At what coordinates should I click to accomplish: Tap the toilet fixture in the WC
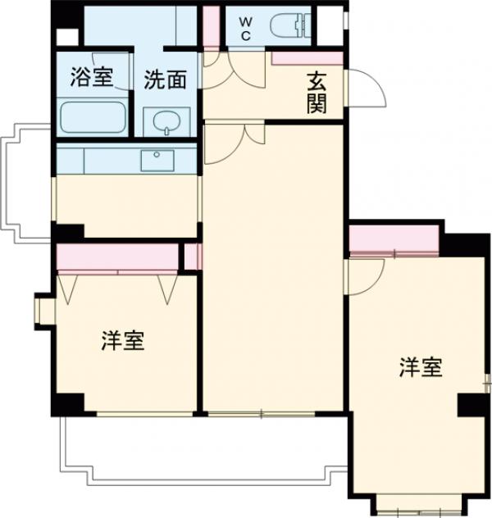coord(291,27)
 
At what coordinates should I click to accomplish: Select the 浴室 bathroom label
coord(90,80)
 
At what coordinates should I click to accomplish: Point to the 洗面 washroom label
coord(166,80)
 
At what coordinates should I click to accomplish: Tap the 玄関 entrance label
coord(318,93)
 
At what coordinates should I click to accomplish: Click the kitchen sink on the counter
coord(156,160)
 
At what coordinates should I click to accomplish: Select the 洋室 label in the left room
coord(123,341)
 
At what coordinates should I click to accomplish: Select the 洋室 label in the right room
coord(421,368)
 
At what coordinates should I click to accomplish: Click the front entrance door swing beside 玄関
coord(365,89)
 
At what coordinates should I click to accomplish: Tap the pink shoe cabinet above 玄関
coord(307,58)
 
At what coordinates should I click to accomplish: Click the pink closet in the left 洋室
coord(118,258)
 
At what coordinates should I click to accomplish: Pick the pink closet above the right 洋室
coord(394,240)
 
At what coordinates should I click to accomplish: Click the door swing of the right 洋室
coord(363,275)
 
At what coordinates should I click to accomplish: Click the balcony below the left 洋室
coord(197,447)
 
